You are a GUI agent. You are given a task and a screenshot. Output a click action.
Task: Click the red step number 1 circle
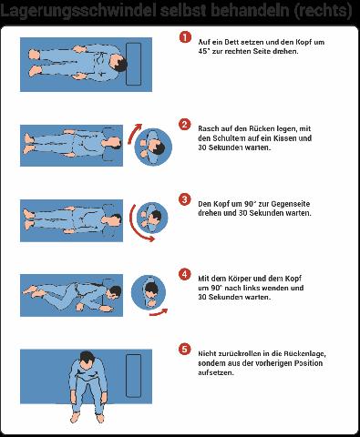[185, 37]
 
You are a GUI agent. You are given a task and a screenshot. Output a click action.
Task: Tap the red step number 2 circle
[185, 125]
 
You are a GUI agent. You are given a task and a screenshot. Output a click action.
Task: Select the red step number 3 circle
[185, 199]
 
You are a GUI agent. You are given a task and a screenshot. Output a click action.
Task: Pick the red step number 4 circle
[185, 274]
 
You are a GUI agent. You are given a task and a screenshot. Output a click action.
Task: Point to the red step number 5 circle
[185, 350]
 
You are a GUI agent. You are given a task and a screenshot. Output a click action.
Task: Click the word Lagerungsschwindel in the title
[78, 11]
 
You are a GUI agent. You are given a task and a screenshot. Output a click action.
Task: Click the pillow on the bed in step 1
[133, 64]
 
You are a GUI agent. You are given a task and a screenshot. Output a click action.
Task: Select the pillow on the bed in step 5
[133, 375]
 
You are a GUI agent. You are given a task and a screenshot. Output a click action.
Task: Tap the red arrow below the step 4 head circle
[159, 312]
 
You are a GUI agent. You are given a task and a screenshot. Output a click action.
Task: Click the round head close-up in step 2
[153, 147]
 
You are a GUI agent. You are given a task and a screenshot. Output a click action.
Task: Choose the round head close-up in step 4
[149, 292]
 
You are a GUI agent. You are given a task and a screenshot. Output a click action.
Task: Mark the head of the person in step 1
[118, 63]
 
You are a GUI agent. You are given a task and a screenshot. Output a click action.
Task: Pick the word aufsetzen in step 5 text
[216, 372]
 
